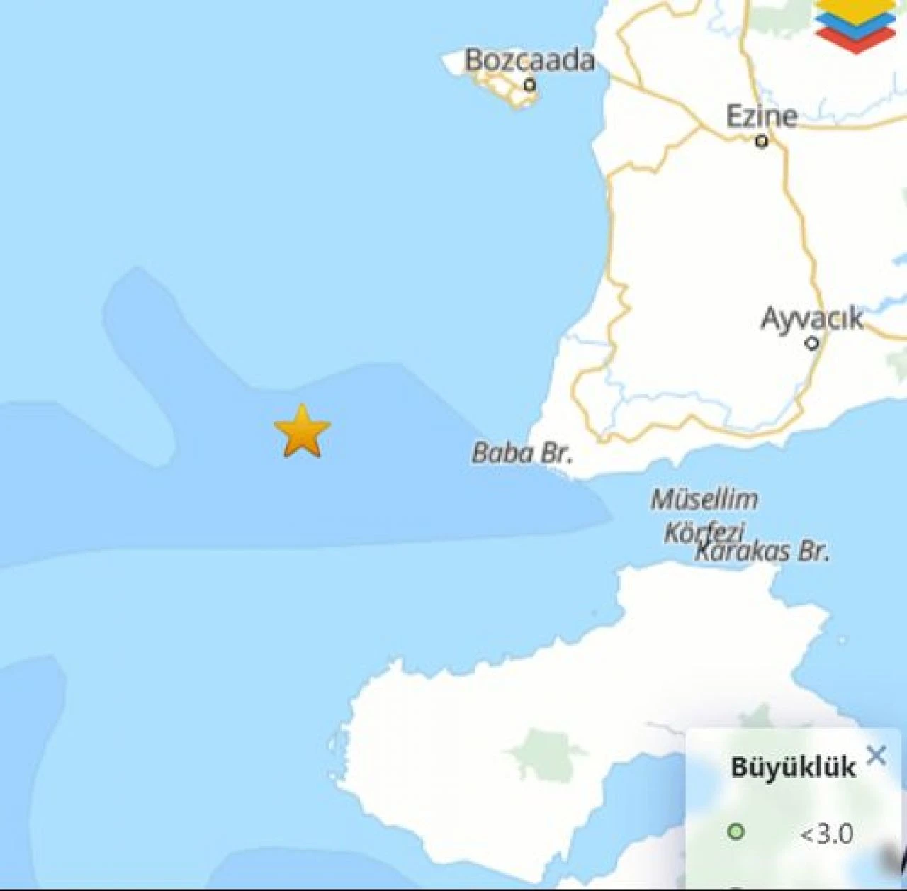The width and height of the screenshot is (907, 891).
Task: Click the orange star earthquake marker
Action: point(302,432)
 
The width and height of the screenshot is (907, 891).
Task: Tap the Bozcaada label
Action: point(529,61)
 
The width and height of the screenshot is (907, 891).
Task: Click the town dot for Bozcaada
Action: point(529,85)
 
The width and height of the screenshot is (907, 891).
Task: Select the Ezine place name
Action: point(762,116)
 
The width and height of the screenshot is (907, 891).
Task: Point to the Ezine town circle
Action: point(762,142)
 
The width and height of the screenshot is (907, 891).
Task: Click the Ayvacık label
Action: point(812,318)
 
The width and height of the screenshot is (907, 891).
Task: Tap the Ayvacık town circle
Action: point(812,344)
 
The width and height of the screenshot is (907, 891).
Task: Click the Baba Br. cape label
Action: point(522,452)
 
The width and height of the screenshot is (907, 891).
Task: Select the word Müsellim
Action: point(704,500)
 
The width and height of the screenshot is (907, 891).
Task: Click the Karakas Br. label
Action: point(762,551)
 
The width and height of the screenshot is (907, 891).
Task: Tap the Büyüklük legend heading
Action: point(793,767)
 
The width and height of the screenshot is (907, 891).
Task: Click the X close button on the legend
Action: point(877,756)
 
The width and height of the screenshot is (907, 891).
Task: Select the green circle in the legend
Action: point(736,831)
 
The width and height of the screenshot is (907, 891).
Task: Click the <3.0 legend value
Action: point(826,834)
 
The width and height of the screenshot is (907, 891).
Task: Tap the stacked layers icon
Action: point(855,25)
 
